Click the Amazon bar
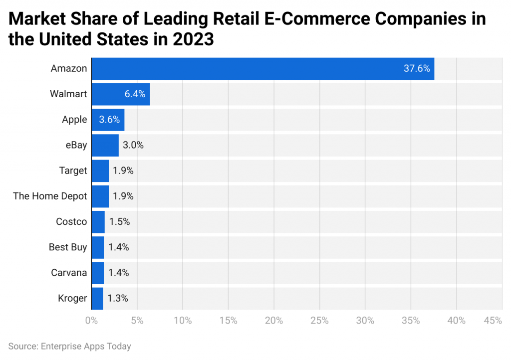[x=262, y=69]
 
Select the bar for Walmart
[x=120, y=94]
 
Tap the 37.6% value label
[x=417, y=69]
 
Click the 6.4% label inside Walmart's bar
[x=135, y=94]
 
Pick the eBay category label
[x=75, y=146]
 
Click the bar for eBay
[x=105, y=146]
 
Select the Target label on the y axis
[x=73, y=171]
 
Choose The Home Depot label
[x=50, y=196]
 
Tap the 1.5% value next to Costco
[x=119, y=222]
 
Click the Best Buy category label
[x=68, y=247]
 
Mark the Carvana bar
[x=97, y=273]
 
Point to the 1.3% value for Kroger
[x=118, y=298]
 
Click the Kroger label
[x=72, y=298]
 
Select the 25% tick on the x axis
[x=319, y=321]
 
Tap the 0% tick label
[x=91, y=321]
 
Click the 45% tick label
[x=493, y=321]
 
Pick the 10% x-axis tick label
[x=183, y=321]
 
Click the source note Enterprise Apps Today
[x=85, y=346]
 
